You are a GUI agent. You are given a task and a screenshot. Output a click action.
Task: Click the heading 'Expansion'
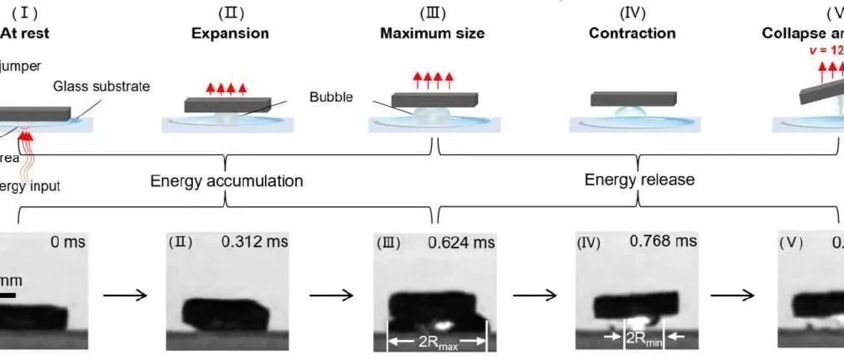(230, 34)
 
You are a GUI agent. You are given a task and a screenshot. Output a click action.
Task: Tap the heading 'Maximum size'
(432, 34)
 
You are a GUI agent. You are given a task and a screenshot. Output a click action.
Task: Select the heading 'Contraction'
(632, 34)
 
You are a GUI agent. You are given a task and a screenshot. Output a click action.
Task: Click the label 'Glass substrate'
(102, 86)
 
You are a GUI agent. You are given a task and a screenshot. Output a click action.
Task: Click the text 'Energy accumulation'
(227, 180)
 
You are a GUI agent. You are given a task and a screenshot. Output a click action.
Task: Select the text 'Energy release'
(639, 180)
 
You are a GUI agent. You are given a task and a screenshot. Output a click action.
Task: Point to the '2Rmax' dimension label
(435, 342)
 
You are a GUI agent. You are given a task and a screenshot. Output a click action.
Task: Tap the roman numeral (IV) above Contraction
(632, 13)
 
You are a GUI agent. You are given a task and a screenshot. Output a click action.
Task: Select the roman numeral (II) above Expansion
(230, 13)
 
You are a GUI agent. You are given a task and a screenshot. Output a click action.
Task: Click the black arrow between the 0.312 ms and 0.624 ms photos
(332, 295)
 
